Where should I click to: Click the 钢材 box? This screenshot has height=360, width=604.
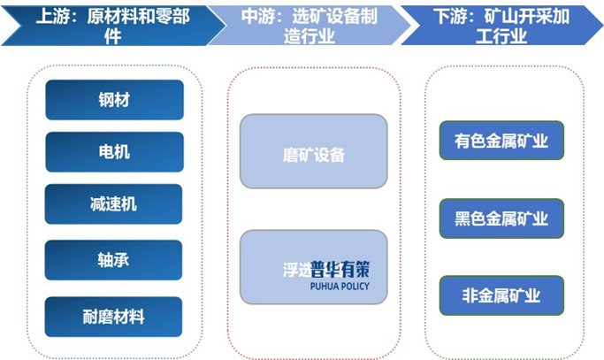[x=114, y=100]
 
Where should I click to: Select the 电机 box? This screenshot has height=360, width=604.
[x=114, y=152]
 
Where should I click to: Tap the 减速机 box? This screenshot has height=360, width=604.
[x=114, y=204]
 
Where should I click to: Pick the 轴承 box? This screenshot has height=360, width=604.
[x=114, y=260]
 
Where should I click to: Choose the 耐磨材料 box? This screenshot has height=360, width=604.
[x=114, y=316]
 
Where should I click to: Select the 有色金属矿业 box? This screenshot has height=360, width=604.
[x=501, y=141]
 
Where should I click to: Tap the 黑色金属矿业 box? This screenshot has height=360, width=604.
[x=501, y=218]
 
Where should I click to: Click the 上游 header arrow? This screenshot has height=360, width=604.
[x=106, y=25]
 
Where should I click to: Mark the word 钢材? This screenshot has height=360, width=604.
[x=114, y=100]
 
